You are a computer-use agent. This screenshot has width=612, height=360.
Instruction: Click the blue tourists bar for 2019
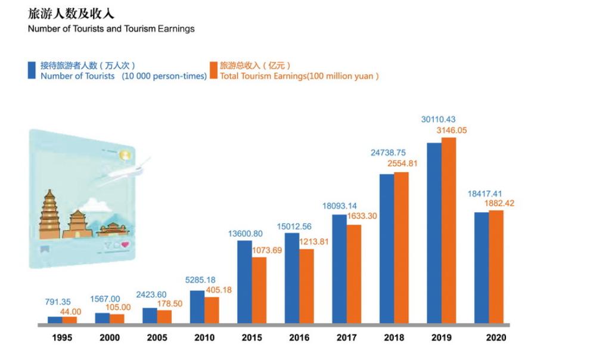tap(434, 234)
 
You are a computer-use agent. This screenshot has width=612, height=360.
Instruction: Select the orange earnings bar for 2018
tap(401, 248)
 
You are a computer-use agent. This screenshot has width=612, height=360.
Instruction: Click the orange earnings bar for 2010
tap(212, 311)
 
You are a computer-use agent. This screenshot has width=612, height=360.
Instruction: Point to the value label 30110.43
tap(438, 120)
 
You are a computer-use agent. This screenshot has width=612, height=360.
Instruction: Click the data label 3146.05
tap(451, 130)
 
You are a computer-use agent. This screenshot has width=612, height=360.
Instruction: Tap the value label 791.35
tap(58, 302)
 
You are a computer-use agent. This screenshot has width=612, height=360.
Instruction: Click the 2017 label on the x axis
tap(347, 338)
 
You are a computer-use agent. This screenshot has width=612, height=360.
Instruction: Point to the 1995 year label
tap(63, 338)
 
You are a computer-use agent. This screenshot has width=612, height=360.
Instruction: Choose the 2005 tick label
tap(157, 338)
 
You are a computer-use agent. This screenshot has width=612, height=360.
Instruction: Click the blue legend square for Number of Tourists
tap(32, 70)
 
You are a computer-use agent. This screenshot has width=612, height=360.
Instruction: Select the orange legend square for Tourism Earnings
tap(213, 70)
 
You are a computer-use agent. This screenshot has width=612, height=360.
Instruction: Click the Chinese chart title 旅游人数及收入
tap(71, 14)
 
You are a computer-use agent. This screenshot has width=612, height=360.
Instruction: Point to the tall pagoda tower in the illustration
tap(50, 213)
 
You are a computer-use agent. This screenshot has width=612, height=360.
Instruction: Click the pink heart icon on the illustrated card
tap(125, 245)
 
